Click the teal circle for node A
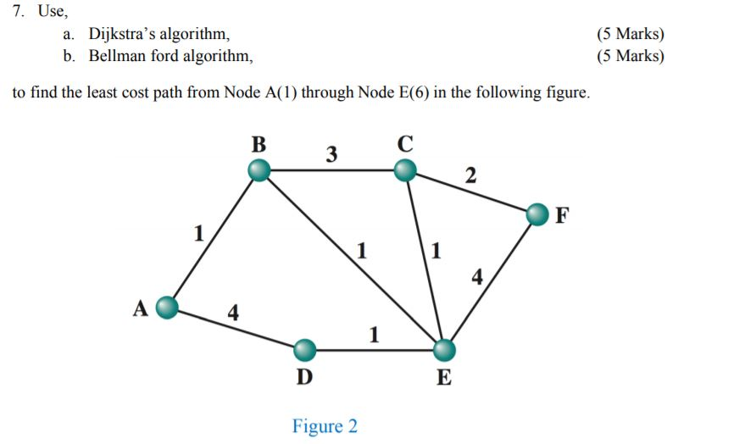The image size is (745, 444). pos(168,307)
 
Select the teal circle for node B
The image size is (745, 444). pos(259,171)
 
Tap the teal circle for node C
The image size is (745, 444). pos(405,171)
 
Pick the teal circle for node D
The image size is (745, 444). pos(304,349)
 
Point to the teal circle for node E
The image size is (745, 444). pos(443,349)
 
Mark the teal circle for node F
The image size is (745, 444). pos(537,215)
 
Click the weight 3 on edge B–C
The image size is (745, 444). pos(331,154)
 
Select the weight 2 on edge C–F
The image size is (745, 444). pos(470,176)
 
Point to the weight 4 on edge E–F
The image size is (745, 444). pos(477,276)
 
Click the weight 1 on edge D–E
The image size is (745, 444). pos(374,335)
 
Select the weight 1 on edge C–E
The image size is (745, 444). pos(436,250)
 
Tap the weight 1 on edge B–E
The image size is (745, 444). pos(362,250)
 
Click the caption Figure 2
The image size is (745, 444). pos(325,426)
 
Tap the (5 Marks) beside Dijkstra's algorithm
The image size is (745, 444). pos(630,35)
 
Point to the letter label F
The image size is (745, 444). pos(563,215)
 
